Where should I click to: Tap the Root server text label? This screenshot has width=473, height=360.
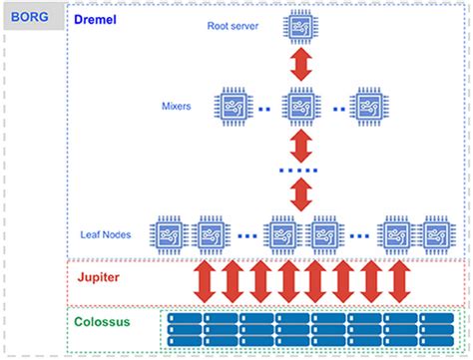(x=234, y=27)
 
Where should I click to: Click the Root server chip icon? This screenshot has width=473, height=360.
(x=299, y=28)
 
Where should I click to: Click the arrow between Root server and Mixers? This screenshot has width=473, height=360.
(x=299, y=66)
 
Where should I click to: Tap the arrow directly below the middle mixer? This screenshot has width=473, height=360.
(x=299, y=146)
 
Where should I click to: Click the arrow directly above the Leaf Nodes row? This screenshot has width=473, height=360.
(x=299, y=195)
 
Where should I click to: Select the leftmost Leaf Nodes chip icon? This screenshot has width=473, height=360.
(x=169, y=235)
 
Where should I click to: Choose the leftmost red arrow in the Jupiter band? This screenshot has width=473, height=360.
(x=206, y=282)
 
